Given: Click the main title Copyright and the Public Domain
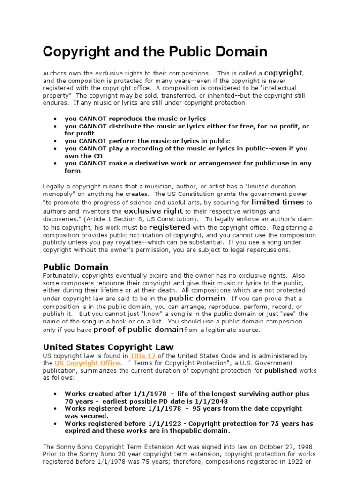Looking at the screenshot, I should [x=155, y=51].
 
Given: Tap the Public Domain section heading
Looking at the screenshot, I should [x=75, y=267].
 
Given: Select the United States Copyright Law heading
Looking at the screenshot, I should [x=108, y=347].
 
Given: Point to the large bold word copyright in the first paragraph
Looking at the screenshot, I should [x=283, y=73].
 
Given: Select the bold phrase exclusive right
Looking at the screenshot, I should [x=153, y=211].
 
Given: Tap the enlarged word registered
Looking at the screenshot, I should [x=170, y=226].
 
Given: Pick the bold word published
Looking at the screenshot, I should [x=280, y=370].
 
